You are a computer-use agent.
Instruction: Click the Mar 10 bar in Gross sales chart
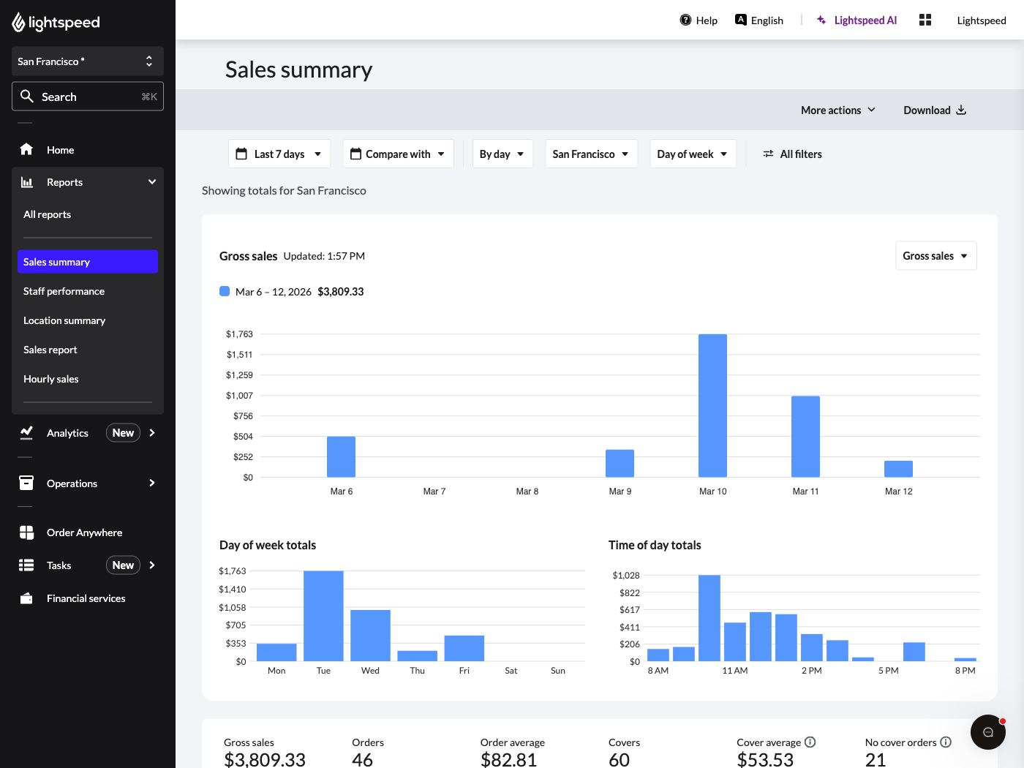point(712,406)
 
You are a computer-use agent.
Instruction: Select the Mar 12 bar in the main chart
point(898,469)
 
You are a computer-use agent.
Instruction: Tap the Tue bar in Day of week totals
point(323,616)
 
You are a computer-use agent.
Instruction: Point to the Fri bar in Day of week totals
point(464,648)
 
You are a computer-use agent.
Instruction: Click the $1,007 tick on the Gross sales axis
point(239,396)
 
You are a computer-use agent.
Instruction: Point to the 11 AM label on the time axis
point(734,671)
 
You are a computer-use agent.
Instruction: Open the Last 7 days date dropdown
point(279,154)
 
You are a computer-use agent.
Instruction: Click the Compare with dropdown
point(398,154)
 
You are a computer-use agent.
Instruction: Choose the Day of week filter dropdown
point(692,154)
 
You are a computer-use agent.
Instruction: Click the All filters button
point(793,154)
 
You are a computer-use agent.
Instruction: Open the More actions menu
point(837,110)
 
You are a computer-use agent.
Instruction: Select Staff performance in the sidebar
point(64,291)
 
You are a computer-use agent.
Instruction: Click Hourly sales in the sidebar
point(51,379)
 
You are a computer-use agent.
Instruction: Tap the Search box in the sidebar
point(88,97)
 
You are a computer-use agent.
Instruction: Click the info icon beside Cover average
point(810,742)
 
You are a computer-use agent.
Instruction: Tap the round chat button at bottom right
point(987,732)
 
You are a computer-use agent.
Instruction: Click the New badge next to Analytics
point(123,433)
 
